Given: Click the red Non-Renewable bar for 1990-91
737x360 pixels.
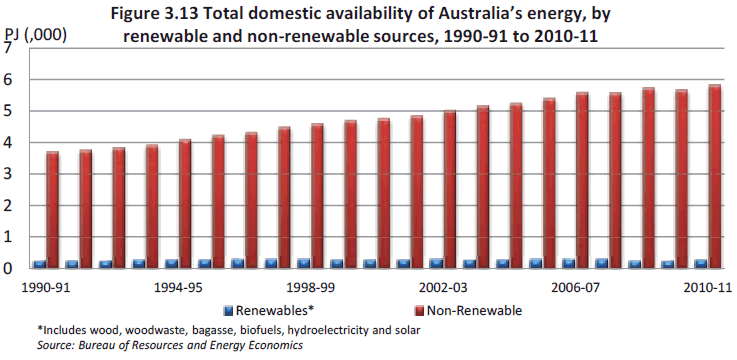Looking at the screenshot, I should (52, 210).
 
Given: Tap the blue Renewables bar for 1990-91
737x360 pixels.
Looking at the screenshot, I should (39, 265).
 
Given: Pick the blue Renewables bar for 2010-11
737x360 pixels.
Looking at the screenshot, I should (700, 264).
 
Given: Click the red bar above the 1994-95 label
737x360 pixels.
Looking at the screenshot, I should (185, 204).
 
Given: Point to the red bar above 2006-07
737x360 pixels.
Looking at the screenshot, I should (581, 181).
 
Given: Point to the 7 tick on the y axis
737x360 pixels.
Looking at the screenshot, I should (9, 48).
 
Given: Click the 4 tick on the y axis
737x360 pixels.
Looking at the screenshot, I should (9, 143).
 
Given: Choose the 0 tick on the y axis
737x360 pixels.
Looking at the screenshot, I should (9, 269).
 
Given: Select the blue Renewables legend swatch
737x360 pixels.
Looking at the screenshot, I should (227, 309).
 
